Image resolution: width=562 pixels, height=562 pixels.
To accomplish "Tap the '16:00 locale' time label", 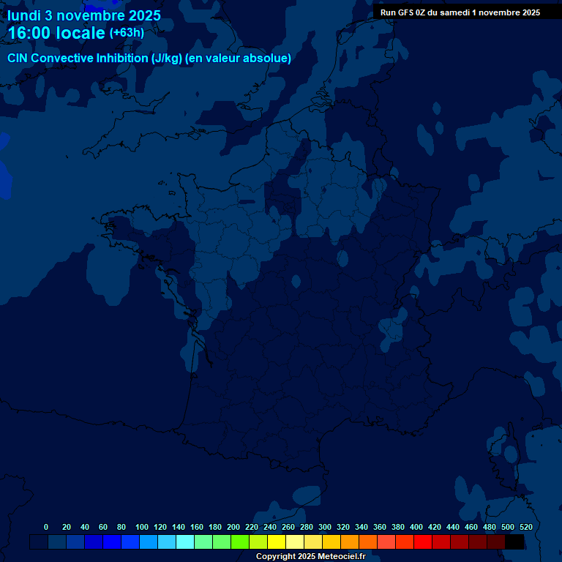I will pos(56,34).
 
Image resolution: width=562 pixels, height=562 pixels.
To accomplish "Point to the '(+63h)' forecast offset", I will pos(127,33).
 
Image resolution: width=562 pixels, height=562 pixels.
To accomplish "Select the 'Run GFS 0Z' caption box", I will pos(460,12).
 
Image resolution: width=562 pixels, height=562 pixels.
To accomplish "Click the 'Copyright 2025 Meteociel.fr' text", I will pos(310,556).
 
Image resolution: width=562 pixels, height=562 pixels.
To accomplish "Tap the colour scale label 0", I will pos(46,527).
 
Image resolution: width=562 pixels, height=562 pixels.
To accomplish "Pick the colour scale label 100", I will pos(142,527).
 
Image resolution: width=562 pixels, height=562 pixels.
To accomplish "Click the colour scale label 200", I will pos(233,527).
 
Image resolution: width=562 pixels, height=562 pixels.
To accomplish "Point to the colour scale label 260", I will pos(288,527).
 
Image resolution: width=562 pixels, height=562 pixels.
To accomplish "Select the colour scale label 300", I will pos(325,527).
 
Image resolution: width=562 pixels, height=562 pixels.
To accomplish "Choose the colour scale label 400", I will pos(416,527).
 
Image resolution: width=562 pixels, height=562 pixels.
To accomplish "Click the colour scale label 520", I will pos(525,527).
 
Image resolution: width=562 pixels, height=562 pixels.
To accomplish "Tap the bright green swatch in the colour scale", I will pos(240,542).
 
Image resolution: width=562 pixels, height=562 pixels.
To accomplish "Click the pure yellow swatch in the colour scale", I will pos(277,542).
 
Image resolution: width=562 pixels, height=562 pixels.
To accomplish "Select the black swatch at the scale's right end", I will pos(514,542).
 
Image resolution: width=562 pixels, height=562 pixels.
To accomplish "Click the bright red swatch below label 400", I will pos(423,542).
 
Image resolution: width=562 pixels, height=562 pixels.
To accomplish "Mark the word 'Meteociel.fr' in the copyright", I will pos(341,556).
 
